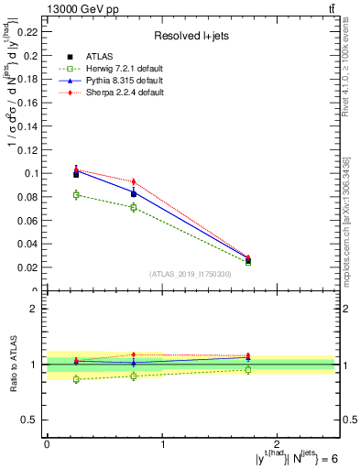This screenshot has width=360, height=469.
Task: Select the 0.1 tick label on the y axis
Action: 32,173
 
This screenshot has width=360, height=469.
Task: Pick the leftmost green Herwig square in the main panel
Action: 76,194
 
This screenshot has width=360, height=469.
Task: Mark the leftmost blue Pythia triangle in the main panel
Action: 76,169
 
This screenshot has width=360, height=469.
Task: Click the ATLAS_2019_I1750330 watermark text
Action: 190,274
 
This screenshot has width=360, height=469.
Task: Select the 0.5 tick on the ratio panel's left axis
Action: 33,420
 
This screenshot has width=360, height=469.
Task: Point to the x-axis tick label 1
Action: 162,444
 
